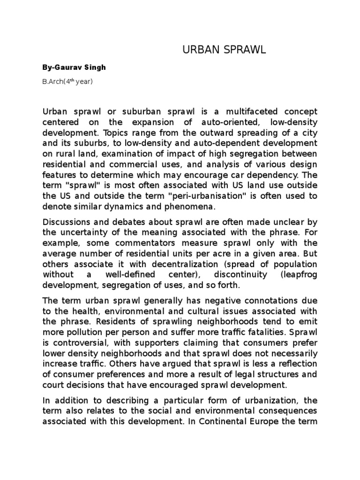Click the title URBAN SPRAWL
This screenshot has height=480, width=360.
click(x=224, y=50)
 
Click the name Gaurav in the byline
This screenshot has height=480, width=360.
click(x=67, y=67)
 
